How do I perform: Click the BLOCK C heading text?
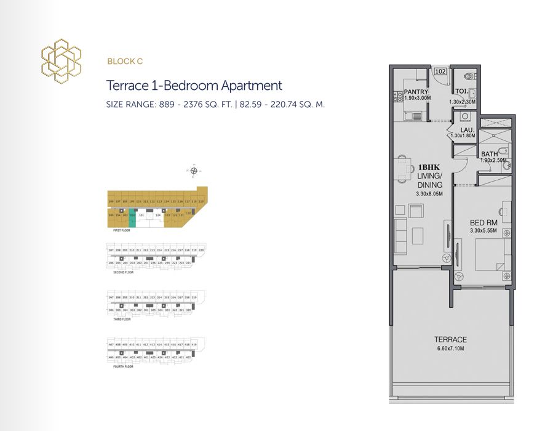125,61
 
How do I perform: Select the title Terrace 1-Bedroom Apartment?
194,86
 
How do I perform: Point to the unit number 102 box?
440,71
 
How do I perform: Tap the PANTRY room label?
416,92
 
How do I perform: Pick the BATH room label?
490,154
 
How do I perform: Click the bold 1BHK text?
430,167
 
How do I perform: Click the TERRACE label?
450,339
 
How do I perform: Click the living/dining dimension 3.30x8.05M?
430,195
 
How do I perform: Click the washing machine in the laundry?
465,116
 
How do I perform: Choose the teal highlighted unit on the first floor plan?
132,216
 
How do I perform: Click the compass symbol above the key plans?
194,171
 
